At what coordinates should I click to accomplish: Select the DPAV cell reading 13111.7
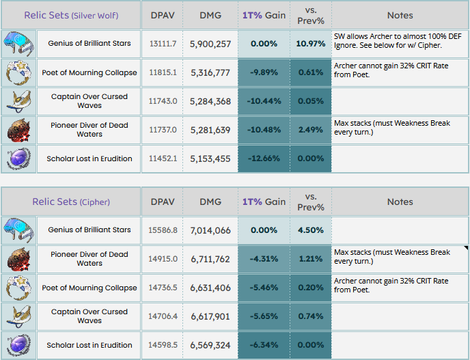[x=163, y=44]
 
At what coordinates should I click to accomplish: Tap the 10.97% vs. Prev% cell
[x=310, y=44]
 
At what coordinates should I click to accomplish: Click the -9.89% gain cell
[x=263, y=73]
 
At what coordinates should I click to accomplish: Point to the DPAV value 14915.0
[x=163, y=259]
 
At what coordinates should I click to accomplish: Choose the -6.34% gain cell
[x=263, y=345]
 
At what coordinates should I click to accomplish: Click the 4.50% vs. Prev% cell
[x=310, y=230]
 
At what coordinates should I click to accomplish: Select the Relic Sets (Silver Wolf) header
[x=71, y=15]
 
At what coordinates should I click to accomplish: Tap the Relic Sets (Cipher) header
[x=71, y=202]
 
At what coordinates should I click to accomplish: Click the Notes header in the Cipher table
[x=400, y=202]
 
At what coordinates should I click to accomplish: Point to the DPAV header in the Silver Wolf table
[x=163, y=15]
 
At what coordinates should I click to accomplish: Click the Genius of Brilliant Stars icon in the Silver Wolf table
[x=18, y=44]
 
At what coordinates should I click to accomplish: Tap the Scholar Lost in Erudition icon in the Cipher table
[x=18, y=345]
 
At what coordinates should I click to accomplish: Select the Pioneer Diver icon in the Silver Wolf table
[x=18, y=130]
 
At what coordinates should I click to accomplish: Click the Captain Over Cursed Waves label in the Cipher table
[x=89, y=316]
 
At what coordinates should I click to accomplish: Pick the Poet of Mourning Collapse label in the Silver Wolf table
[x=89, y=73]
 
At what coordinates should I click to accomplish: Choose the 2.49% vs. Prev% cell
[x=310, y=130]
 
